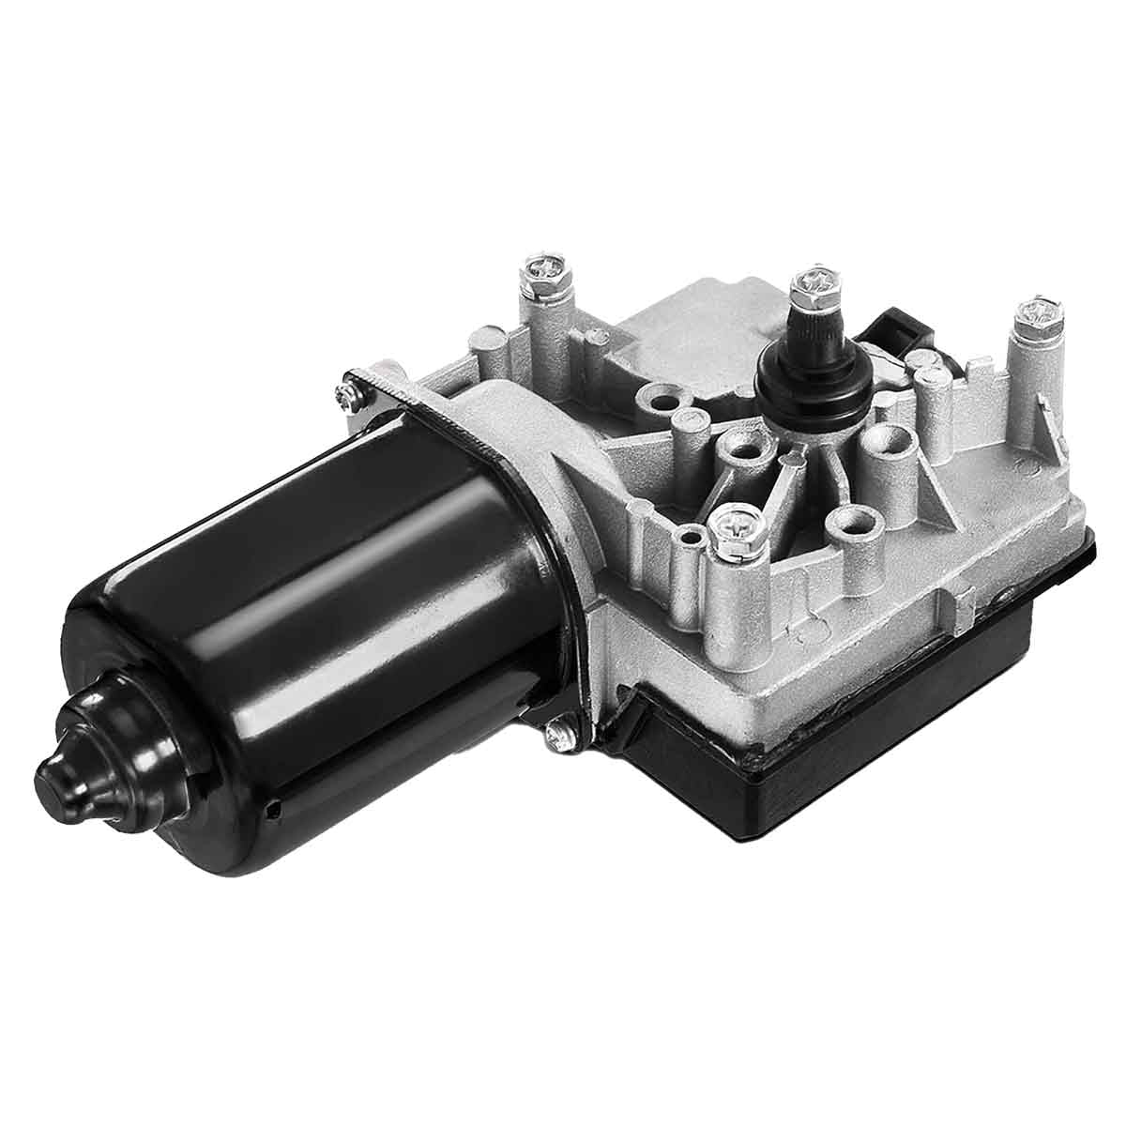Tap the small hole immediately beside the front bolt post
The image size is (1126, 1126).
(692, 538)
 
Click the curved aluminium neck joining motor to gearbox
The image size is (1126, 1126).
(525, 441)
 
